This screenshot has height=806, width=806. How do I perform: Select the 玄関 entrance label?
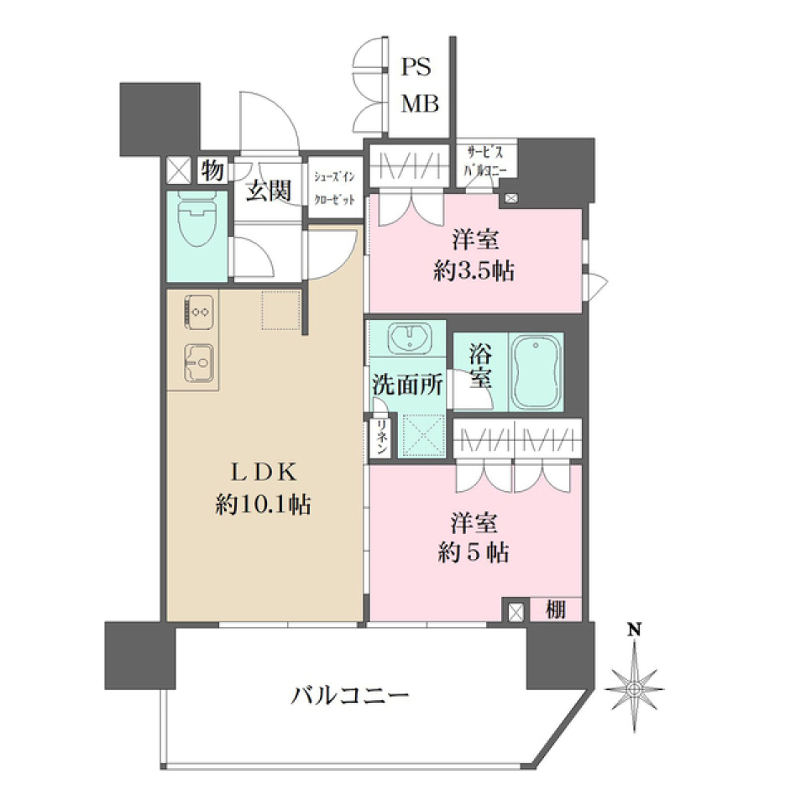pyautogui.click(x=268, y=191)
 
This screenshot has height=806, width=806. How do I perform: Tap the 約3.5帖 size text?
pyautogui.click(x=475, y=271)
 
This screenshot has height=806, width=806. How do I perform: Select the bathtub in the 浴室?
pyautogui.click(x=536, y=373)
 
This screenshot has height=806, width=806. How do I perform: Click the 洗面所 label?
pyautogui.click(x=408, y=384)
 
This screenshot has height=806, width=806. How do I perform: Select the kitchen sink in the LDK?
pyautogui.click(x=198, y=364)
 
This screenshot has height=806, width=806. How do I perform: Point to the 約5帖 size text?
pyautogui.click(x=475, y=553)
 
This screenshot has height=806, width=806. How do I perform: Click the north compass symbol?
pyautogui.click(x=636, y=688)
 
